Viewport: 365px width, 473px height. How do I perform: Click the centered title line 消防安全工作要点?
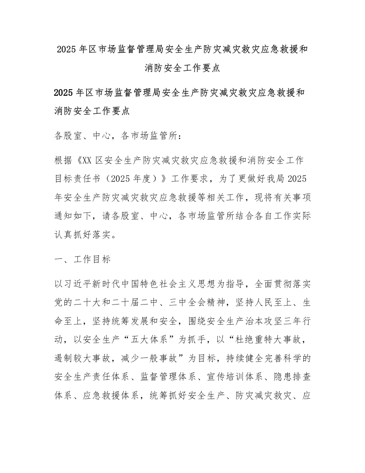pyautogui.click(x=182, y=69)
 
